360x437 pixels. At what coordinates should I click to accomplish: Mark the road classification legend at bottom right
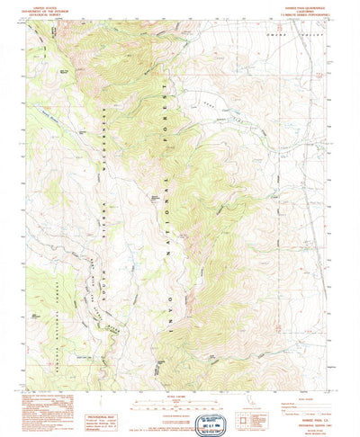pos(306,402)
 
